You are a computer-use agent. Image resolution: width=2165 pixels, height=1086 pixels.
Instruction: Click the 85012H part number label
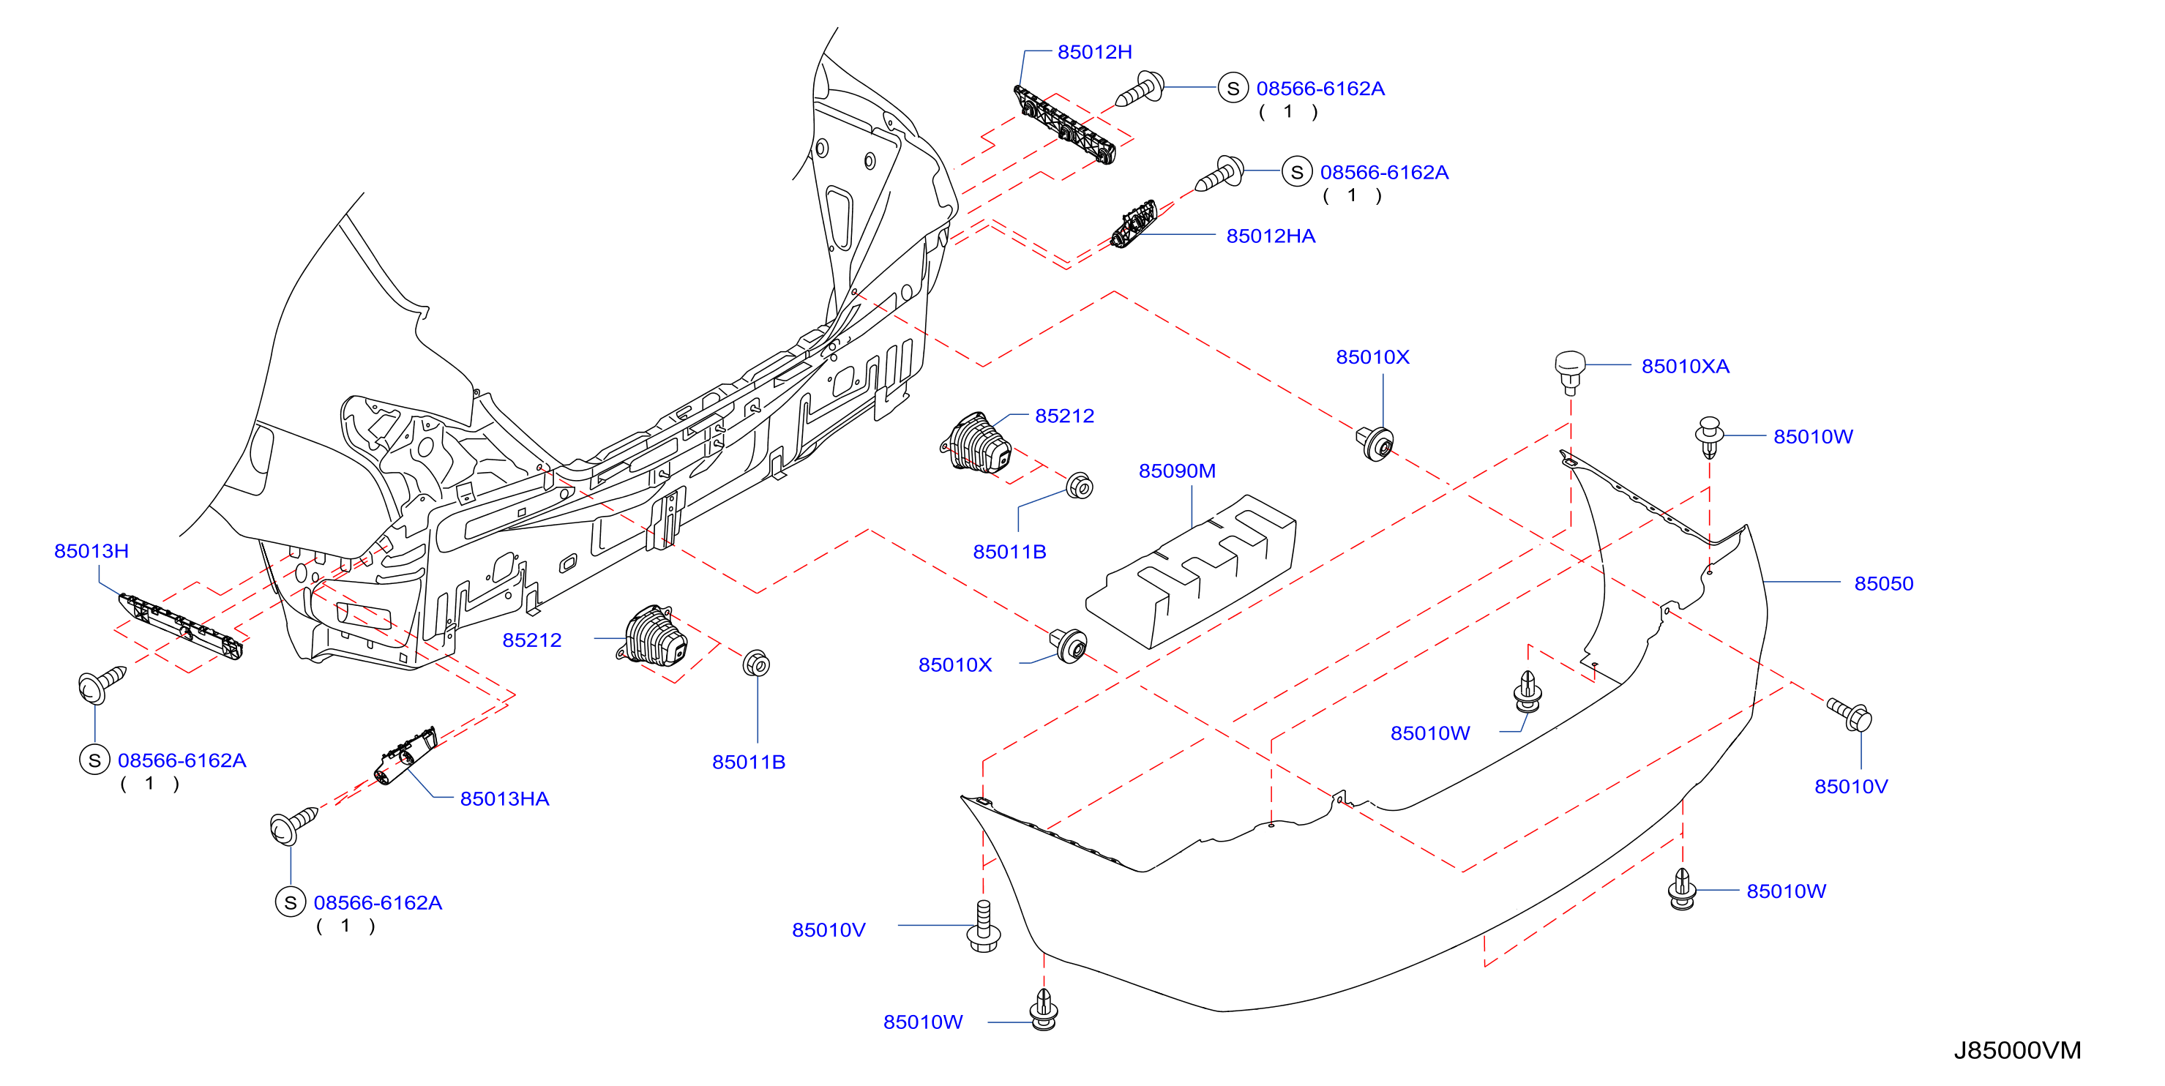pos(1094,52)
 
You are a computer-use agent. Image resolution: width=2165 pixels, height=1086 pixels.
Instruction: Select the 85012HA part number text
pos(1270,236)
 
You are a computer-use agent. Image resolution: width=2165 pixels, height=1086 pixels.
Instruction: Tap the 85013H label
pos(91,551)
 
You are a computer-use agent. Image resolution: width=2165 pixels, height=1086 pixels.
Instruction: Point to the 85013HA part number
pos(504,798)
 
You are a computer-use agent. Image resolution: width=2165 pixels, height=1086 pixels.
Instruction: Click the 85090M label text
pos(1177,471)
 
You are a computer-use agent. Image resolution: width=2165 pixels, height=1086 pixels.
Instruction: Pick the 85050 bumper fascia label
pos(1883,583)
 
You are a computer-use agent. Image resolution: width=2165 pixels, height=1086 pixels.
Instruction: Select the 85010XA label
pos(1685,367)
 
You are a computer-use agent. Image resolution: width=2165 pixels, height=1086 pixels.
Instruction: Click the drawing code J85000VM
pos(2017,1051)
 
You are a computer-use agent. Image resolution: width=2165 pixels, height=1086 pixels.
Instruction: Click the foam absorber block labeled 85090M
pos(1191,572)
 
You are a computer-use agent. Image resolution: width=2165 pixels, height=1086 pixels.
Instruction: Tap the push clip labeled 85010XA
pos(1570,372)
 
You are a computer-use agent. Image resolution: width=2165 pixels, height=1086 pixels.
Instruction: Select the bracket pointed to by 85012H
pos(1065,125)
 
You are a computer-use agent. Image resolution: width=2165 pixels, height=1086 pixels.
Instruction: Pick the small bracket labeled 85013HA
pos(405,757)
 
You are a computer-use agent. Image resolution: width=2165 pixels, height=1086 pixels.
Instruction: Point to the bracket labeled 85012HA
pos(1134,225)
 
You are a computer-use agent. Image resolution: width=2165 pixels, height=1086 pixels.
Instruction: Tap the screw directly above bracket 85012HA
pos(1220,174)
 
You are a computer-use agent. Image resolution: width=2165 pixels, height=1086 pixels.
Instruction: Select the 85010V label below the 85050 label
pos(1851,787)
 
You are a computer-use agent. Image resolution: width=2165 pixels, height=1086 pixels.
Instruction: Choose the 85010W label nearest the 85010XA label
pos(1813,437)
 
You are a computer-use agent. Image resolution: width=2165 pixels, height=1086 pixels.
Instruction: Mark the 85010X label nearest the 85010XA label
pos(1372,357)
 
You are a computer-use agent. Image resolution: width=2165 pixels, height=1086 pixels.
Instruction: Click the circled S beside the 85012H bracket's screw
pos(1233,89)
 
